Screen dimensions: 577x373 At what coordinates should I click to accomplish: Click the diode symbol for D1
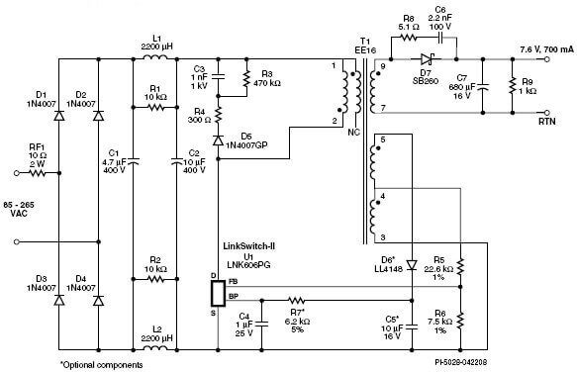[58, 116]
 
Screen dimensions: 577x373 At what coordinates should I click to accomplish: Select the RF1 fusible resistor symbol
[38, 172]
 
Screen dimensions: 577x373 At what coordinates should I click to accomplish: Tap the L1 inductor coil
[155, 57]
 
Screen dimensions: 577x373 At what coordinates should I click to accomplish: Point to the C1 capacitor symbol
[134, 161]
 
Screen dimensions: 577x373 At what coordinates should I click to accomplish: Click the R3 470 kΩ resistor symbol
[246, 79]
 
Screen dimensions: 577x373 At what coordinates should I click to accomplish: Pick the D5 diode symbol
[218, 140]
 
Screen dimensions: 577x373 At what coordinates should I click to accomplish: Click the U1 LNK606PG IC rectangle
[218, 294]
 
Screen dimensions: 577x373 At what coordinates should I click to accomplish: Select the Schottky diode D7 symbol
[427, 58]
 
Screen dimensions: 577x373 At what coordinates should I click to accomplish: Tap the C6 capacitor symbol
[439, 38]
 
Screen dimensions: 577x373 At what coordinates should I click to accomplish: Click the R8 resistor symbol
[408, 38]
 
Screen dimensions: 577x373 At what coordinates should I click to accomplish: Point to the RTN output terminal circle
[547, 113]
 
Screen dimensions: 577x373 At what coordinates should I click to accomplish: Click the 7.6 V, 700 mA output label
[547, 49]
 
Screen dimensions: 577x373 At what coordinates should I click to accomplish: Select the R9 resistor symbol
[512, 85]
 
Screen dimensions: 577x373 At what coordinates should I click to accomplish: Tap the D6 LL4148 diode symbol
[412, 265]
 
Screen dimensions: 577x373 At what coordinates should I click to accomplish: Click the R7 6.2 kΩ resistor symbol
[296, 301]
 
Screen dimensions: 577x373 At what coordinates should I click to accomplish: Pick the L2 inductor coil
[155, 348]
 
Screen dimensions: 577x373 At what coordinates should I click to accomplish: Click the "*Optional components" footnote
[101, 365]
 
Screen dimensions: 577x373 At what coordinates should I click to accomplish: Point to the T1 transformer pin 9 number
[383, 66]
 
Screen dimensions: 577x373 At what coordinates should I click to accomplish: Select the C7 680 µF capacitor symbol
[483, 87]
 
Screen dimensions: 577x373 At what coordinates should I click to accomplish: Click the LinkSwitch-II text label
[249, 246]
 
